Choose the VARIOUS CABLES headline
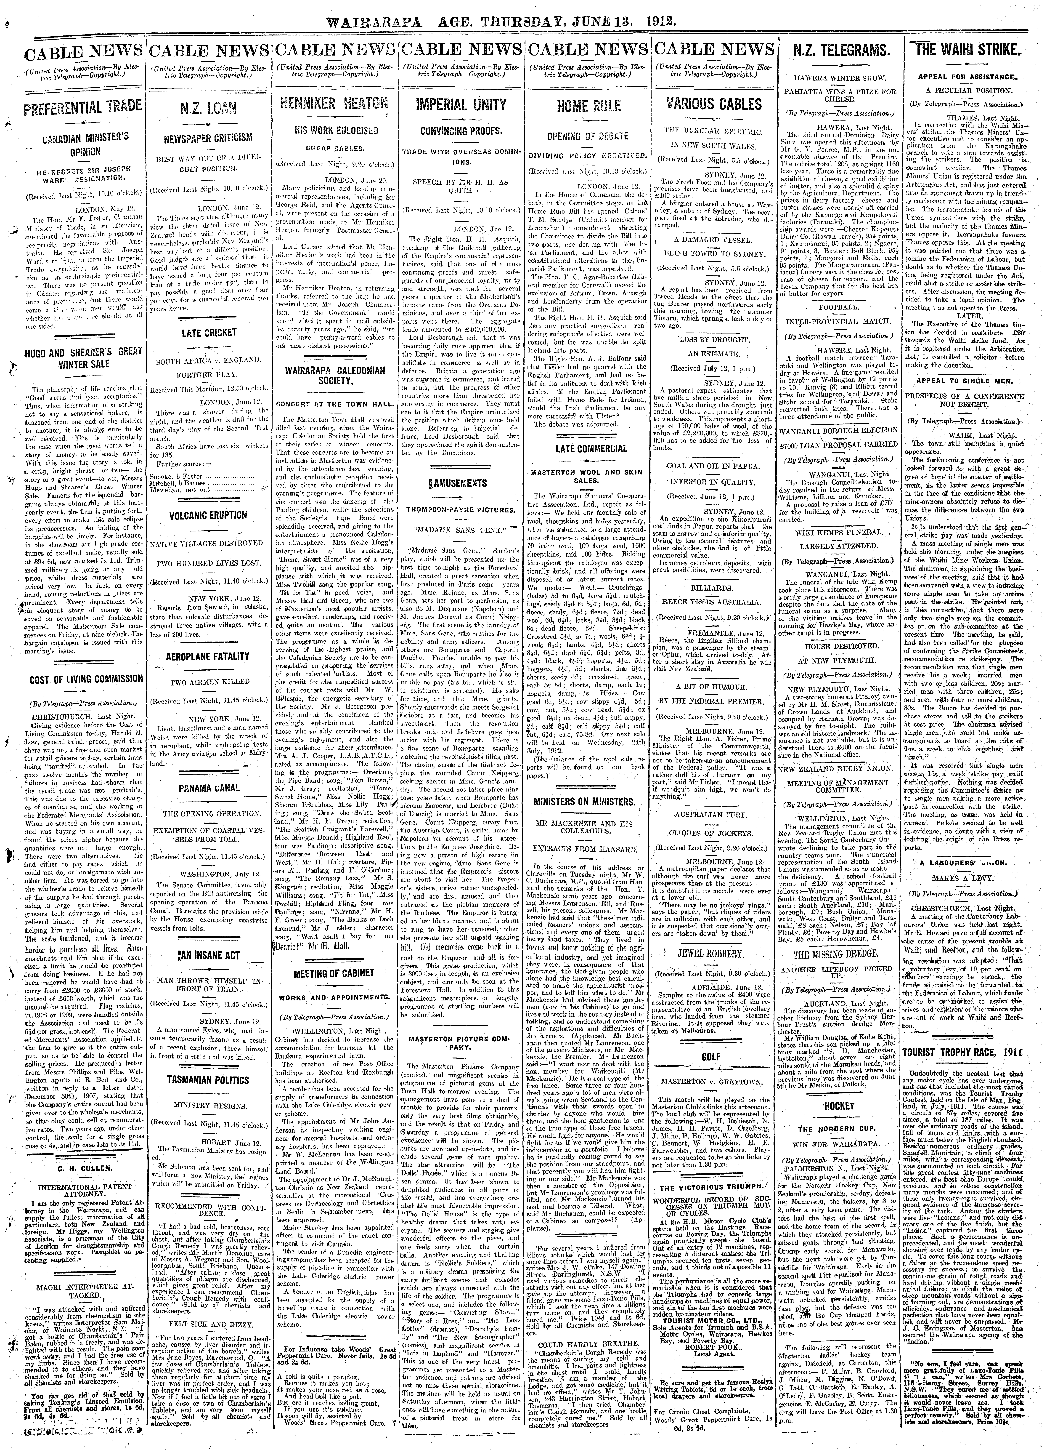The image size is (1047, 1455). click(x=713, y=105)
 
